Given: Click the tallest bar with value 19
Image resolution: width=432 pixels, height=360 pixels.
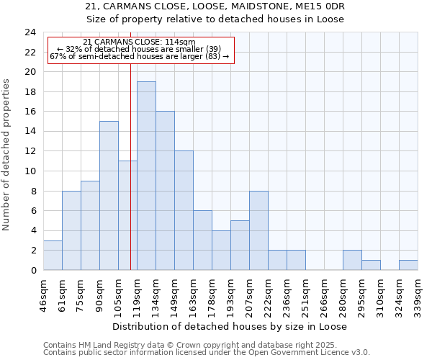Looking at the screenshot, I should pyautogui.click(x=146, y=176).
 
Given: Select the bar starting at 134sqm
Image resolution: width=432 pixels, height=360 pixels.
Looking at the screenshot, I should pyautogui.click(x=165, y=191).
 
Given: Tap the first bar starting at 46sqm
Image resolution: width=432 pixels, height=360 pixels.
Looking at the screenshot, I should pyautogui.click(x=53, y=255).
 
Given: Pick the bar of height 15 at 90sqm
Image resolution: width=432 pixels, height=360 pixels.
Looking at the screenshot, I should pyautogui.click(x=109, y=196).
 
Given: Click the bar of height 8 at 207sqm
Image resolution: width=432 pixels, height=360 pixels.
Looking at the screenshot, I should pyautogui.click(x=258, y=230).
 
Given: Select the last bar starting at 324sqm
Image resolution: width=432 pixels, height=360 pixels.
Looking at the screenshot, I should pyautogui.click(x=408, y=265).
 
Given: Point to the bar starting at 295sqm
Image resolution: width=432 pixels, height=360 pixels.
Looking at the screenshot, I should pyautogui.click(x=371, y=265).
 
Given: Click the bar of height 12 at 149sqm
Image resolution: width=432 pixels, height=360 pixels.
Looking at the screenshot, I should pyautogui.click(x=184, y=210).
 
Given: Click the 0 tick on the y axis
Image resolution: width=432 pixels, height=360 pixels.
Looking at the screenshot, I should pyautogui.click(x=33, y=270).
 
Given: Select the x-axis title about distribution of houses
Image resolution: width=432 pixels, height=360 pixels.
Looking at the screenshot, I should pyautogui.click(x=230, y=326).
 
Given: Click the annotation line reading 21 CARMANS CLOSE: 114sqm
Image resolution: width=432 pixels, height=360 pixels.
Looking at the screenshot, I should pyautogui.click(x=139, y=42).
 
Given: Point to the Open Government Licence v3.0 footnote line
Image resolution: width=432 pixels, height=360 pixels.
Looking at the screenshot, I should pyautogui.click(x=207, y=352).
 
